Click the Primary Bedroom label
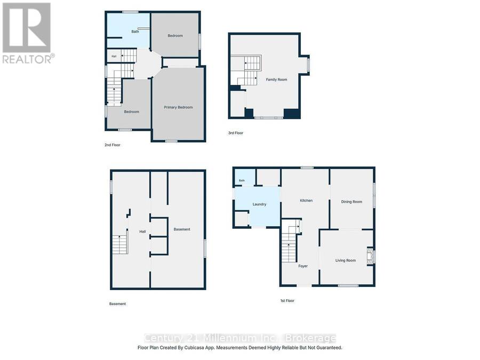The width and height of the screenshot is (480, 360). pos(178,107)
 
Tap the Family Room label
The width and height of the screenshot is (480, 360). pos(276,79)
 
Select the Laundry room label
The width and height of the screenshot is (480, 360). pos(259,204)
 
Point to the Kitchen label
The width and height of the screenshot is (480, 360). pos(306,201)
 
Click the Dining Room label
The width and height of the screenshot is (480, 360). pos(351,202)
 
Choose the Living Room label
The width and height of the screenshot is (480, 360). pos(345,260)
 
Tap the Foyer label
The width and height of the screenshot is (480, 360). pos(303,266)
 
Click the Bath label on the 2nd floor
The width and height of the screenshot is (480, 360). pos(135,31)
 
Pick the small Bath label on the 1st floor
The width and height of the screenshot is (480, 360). pos(242,181)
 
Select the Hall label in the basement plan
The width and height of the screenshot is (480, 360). pos(142,232)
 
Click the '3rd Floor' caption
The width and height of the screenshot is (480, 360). pos(236,133)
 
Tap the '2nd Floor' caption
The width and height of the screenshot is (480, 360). pos(113,145)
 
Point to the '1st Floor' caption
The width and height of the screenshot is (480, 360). pos(287,301)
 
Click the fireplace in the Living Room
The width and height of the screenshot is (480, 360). pos(370,256)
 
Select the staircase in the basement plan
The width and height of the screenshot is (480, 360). pos(119,244)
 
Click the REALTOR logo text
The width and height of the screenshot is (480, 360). pos(28,59)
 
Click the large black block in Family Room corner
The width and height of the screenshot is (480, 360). pos(292,113)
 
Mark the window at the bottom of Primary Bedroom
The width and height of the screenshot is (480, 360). pos(171,141)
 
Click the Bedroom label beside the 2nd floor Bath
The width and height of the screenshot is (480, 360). pos(175,36)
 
